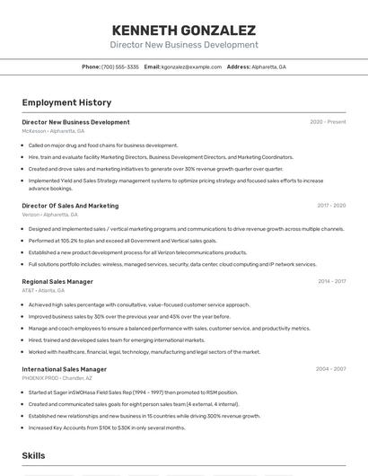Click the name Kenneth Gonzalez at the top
click(183, 30)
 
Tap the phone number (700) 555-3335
click(120, 66)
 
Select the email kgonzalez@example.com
click(191, 66)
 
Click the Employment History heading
click(66, 102)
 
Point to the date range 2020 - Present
click(328, 122)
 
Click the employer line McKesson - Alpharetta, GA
click(53, 131)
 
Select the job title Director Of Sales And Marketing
click(70, 206)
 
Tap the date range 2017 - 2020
click(331, 206)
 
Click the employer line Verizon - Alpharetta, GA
click(49, 215)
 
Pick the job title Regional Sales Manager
click(57, 281)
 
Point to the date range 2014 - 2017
click(331, 281)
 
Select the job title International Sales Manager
click(64, 369)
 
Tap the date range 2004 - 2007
click(330, 369)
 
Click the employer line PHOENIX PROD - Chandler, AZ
click(58, 378)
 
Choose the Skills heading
click(34, 455)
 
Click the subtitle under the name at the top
click(183, 44)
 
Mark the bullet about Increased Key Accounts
click(107, 428)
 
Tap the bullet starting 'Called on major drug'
click(103, 145)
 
